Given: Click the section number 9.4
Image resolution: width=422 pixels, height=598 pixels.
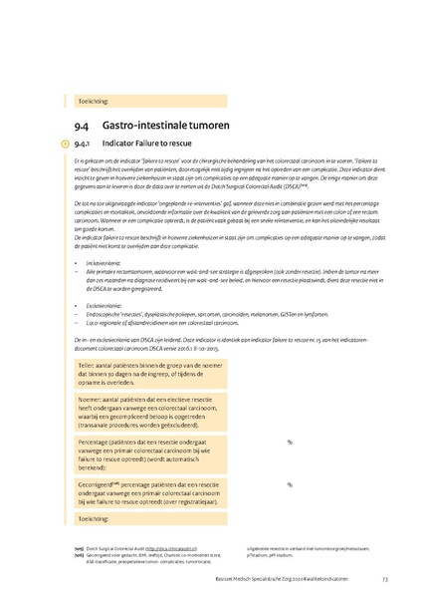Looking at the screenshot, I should (81, 127).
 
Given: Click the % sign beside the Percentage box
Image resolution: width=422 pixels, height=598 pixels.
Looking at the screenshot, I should (290, 442).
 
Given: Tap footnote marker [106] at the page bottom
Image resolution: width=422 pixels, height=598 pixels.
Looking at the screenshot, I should (79, 555).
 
